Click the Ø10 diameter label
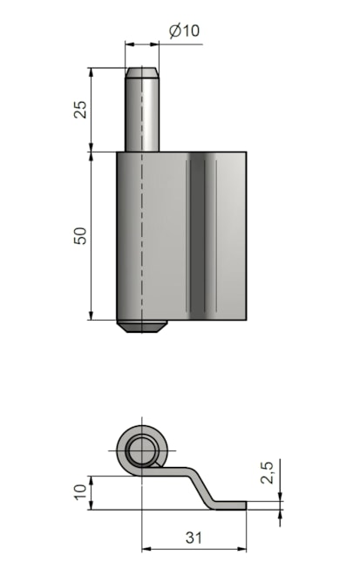(184, 30)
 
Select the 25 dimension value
(81, 109)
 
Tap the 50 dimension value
(81, 236)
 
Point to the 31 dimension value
(194, 538)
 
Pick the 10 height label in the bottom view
(81, 492)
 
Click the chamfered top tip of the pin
(142, 72)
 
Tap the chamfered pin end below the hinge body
(142, 326)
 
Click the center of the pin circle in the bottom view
(142, 450)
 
